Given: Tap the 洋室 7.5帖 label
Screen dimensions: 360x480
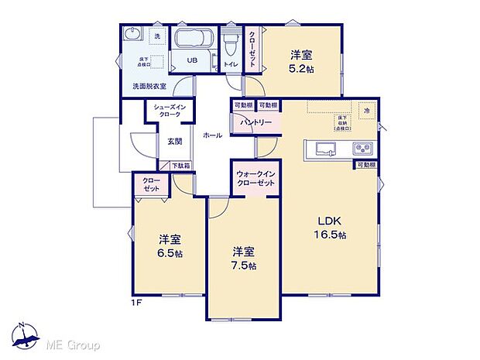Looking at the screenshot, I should coord(243,258).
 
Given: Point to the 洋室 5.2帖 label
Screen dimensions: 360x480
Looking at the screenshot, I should coord(302,61).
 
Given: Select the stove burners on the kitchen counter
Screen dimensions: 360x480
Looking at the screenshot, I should coord(362,149).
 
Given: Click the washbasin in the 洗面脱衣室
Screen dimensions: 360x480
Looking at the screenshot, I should coord(131,35).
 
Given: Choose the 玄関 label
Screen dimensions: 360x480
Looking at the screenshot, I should coord(175,142).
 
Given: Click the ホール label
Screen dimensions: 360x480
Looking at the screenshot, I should coord(212,135).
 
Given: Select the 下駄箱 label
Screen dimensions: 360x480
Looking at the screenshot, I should coord(180,165).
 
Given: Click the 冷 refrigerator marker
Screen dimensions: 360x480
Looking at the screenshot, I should coord(368,112).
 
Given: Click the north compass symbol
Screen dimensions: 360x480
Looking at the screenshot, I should coord(27,335).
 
